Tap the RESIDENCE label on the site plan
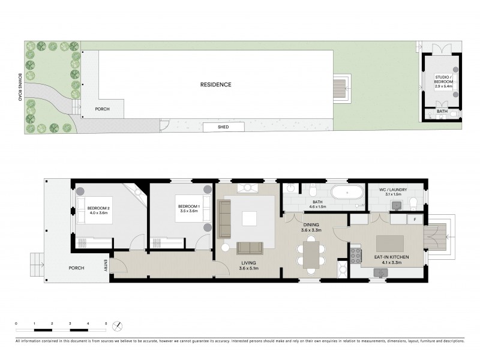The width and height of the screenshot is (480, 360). point(215,85)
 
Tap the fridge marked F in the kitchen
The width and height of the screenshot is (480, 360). point(416,220)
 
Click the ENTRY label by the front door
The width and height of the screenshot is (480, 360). point(106,265)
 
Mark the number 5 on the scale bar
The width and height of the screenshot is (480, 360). point(106,324)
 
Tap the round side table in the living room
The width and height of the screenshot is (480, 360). point(224,247)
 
